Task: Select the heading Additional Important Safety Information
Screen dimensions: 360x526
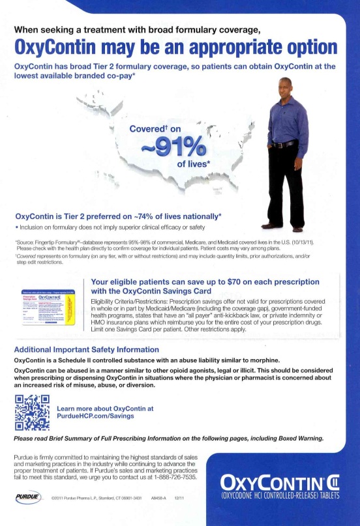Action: coord(86,349)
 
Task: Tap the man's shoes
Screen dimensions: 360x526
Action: coord(282,227)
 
